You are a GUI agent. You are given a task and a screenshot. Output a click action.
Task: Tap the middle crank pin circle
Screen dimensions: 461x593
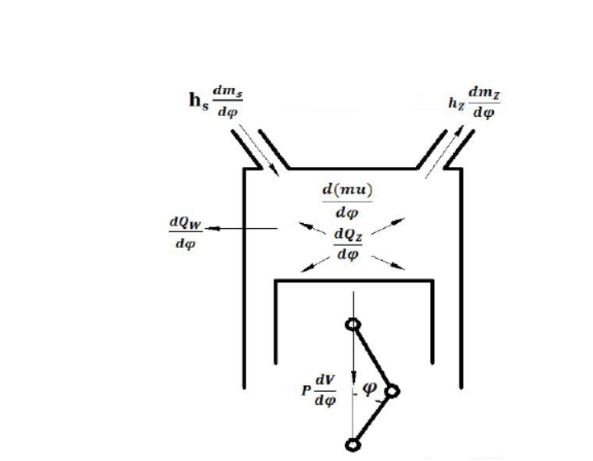390,392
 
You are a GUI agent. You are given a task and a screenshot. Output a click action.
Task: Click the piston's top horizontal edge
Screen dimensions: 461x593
354,282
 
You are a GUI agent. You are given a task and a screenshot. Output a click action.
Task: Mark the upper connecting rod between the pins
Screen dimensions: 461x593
371,357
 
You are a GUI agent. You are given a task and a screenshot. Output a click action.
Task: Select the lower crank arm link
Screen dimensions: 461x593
372,418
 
